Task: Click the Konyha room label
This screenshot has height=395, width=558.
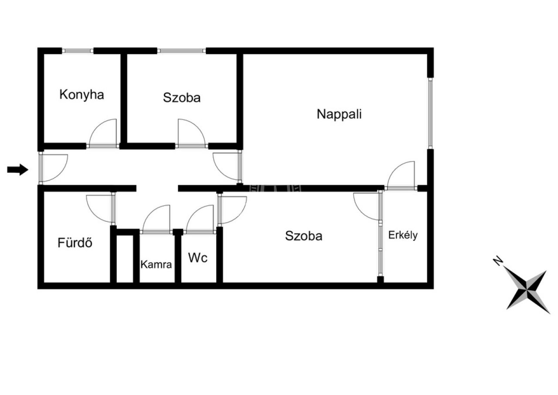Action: click(x=82, y=95)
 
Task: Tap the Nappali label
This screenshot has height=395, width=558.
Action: click(x=339, y=114)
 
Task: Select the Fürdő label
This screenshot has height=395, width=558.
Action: click(x=75, y=242)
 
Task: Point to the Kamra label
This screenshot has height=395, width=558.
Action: click(x=156, y=264)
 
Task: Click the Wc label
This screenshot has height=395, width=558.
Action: click(x=198, y=258)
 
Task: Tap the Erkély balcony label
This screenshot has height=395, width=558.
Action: click(x=403, y=235)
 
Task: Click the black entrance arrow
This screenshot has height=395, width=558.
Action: click(x=18, y=170)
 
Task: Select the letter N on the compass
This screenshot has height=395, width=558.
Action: click(x=498, y=261)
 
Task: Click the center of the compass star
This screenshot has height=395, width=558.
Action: click(x=527, y=290)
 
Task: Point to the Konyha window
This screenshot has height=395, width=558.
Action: click(x=78, y=51)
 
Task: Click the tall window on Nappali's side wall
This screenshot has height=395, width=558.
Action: click(x=430, y=113)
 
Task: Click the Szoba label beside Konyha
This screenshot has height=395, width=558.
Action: click(x=182, y=97)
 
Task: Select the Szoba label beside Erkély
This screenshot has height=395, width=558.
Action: click(x=303, y=236)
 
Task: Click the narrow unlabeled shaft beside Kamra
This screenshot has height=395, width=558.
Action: click(x=125, y=259)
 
